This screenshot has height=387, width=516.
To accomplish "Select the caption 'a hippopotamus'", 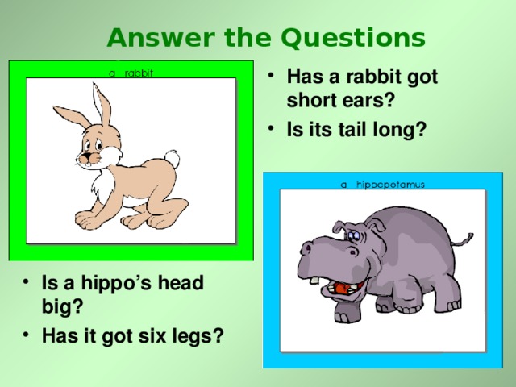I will point(382,184).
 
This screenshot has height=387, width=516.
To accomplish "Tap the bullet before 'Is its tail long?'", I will point(277,127).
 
